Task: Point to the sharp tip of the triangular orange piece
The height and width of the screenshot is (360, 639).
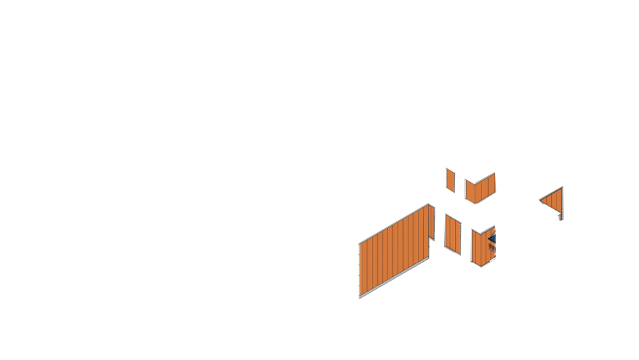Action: (x=540, y=200)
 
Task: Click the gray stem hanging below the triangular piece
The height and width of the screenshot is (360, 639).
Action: (x=560, y=217)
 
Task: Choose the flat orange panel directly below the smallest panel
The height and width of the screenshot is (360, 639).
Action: (x=452, y=233)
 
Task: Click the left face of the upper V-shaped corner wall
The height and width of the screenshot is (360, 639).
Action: (x=469, y=191)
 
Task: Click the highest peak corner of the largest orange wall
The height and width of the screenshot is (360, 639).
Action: (x=428, y=204)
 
